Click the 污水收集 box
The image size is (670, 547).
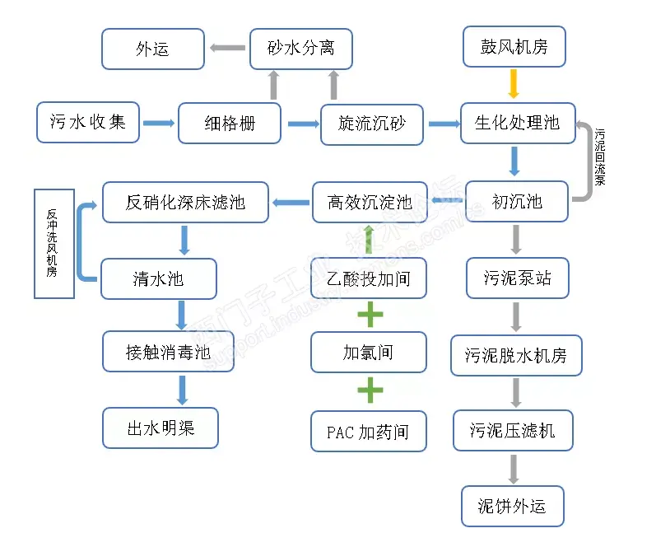88,122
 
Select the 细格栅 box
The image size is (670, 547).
230,124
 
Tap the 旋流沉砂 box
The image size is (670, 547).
371,124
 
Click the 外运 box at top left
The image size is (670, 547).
152,49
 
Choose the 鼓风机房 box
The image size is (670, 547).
514,47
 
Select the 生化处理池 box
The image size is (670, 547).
517,123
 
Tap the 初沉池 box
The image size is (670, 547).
517,201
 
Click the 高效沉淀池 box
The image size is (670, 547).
370,202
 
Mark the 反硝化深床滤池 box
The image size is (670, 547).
185,202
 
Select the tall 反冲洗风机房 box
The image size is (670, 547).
54,243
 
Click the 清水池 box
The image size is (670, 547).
158,278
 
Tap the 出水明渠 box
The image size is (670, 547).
161,428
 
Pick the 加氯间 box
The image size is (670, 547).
369,353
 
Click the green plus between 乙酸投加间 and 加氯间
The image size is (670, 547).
370,315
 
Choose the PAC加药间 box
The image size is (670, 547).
369,432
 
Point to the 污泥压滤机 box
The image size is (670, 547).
513,430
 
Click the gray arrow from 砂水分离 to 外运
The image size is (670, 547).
225,48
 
